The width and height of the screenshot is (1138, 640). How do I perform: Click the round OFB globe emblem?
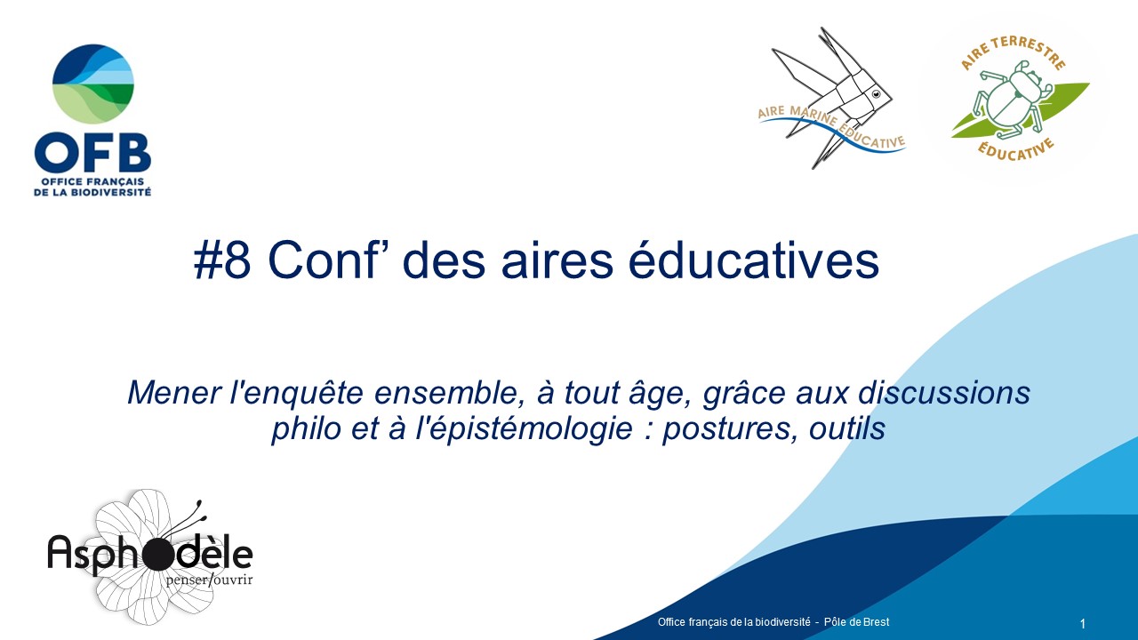click(x=93, y=84)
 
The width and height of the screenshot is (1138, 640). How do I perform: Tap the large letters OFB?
click(x=93, y=153)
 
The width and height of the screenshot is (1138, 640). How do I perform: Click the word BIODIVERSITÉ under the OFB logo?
click(x=110, y=192)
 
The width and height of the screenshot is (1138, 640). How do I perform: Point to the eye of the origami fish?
click(x=876, y=94)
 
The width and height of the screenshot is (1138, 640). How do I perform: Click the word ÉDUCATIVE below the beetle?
click(x=1016, y=150)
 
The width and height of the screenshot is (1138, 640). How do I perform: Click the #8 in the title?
click(x=222, y=260)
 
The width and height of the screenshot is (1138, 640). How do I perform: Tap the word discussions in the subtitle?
click(x=944, y=393)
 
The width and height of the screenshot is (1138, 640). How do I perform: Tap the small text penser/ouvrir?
click(x=209, y=580)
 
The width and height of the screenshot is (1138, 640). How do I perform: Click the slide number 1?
click(x=1083, y=624)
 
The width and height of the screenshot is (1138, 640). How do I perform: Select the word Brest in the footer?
click(x=877, y=621)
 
